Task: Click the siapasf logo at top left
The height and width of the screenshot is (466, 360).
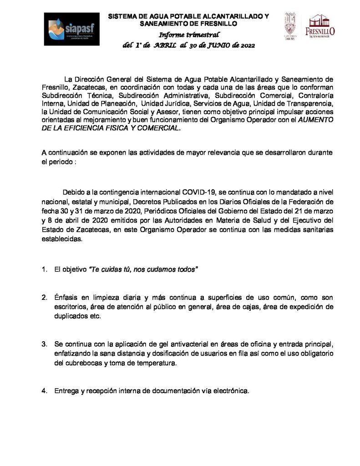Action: point(71,29)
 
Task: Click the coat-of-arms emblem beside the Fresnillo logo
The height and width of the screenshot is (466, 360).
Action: point(290,26)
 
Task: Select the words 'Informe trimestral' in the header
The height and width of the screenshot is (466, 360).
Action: point(188,35)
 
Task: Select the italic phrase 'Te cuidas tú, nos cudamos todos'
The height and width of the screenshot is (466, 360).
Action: point(143,269)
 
